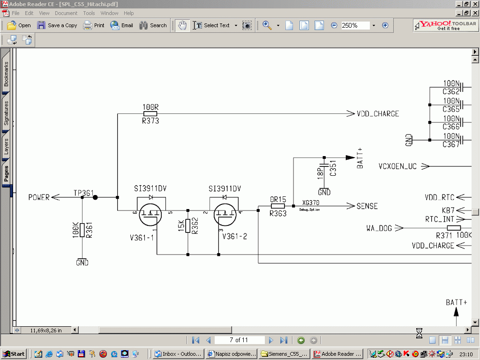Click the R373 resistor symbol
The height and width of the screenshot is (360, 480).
pyautogui.click(x=150, y=113)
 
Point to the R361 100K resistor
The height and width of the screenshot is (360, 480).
pyautogui.click(x=82, y=230)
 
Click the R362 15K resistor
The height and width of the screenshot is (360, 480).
pyautogui.click(x=188, y=225)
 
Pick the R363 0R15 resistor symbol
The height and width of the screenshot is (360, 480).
pyautogui.click(x=278, y=206)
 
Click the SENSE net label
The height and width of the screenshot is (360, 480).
pyautogui.click(x=367, y=206)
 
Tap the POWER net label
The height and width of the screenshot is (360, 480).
pyautogui.click(x=39, y=197)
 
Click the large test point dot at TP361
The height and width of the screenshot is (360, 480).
pyautogui.click(x=95, y=197)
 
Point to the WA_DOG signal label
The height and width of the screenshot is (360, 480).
pyautogui.click(x=379, y=228)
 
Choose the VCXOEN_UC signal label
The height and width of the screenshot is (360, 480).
pyautogui.click(x=397, y=166)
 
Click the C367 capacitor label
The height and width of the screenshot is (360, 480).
pyautogui.click(x=451, y=145)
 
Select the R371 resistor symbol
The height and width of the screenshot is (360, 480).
pyautogui.click(x=450, y=228)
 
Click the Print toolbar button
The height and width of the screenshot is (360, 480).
pyautogui.click(x=94, y=25)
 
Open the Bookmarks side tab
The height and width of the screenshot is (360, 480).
pyautogui.click(x=6, y=74)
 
